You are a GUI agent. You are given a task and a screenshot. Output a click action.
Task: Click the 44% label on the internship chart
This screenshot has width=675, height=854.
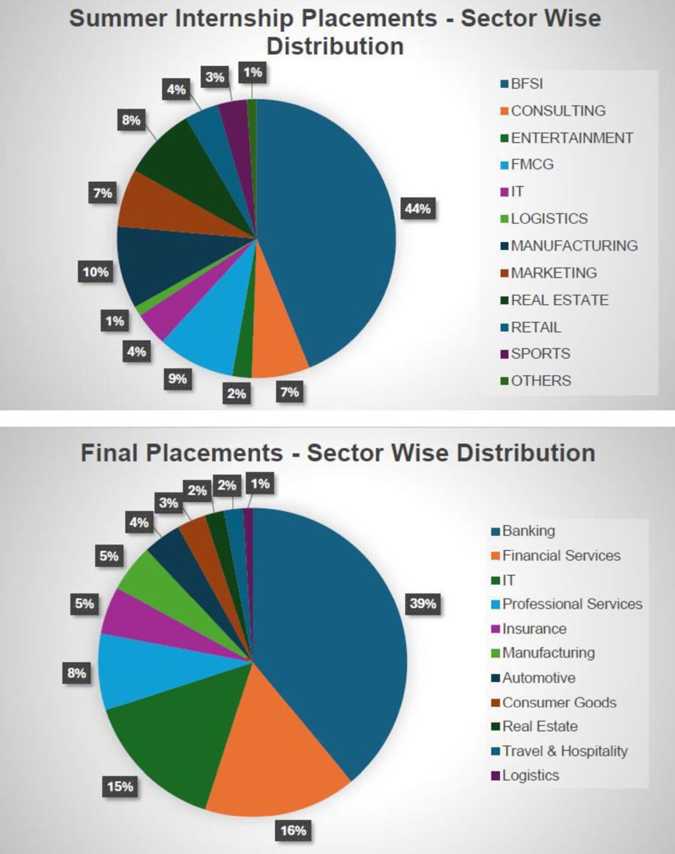[x=418, y=208]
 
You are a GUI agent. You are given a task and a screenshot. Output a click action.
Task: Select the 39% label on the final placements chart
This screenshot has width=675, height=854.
[x=423, y=603]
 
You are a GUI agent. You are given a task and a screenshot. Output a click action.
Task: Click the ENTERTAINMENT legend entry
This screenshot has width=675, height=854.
[x=571, y=138]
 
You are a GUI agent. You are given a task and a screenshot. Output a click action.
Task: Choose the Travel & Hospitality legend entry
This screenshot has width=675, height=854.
[x=564, y=751]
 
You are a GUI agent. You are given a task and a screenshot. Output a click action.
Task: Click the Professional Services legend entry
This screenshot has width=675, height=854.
[x=572, y=604]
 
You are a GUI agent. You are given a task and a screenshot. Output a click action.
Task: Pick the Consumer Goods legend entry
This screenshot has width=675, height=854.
[x=559, y=702]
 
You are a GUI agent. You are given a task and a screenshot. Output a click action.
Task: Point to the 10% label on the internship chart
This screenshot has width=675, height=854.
[x=96, y=272]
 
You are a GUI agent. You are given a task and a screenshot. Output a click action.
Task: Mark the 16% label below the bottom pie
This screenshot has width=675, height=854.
[x=293, y=830]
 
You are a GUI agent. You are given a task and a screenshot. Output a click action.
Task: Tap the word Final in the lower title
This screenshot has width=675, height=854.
[x=109, y=453]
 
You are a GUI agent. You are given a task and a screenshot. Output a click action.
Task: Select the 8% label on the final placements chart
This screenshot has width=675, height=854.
[x=77, y=673]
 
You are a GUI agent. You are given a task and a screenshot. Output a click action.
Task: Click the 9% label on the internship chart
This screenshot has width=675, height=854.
[x=177, y=379]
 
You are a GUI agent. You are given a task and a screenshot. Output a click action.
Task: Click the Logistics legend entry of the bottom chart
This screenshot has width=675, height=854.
[x=530, y=776]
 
